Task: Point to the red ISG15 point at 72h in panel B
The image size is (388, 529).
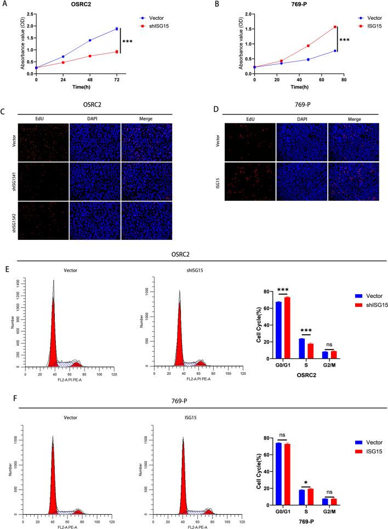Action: tap(335, 26)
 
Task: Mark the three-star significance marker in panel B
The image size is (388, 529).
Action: tap(345, 40)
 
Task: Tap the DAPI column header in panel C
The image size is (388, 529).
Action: tap(95, 119)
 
